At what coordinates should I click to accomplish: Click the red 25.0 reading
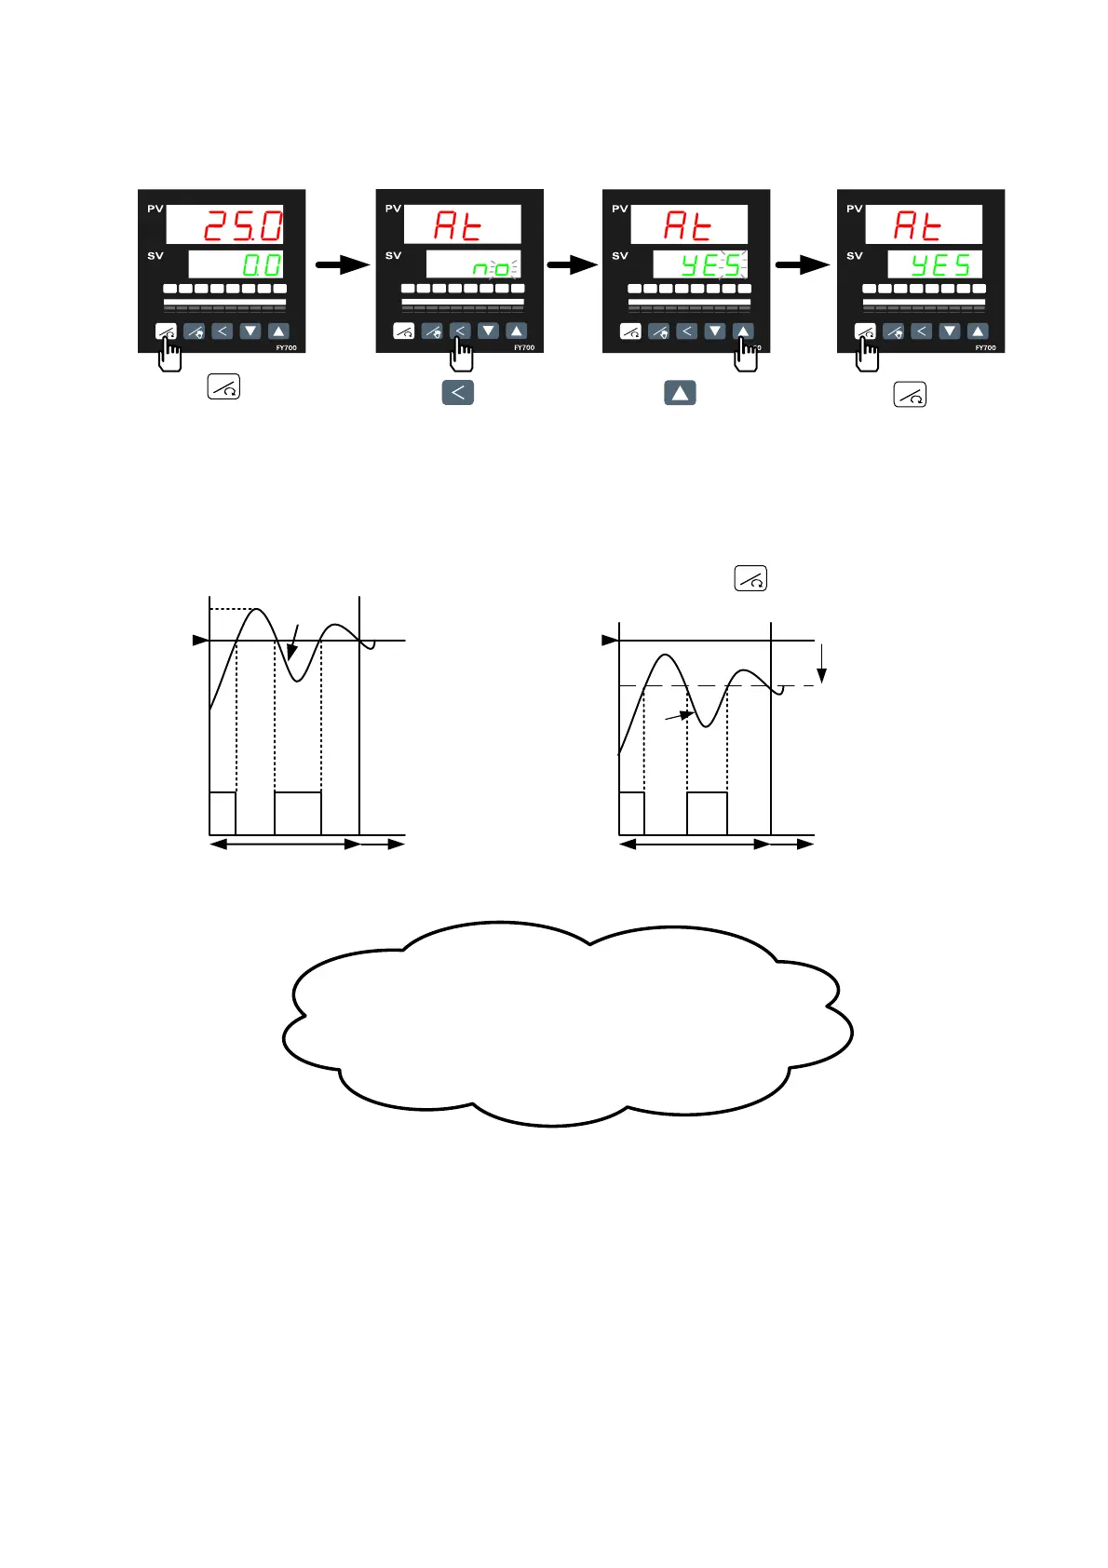click(x=242, y=225)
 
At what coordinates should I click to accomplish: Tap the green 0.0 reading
click(x=262, y=265)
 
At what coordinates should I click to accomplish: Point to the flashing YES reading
click(x=712, y=265)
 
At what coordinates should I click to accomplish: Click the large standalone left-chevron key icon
click(x=457, y=392)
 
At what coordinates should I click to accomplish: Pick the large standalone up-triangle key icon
click(x=680, y=393)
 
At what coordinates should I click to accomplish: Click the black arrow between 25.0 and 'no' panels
click(x=342, y=265)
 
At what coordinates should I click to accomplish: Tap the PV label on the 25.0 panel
click(x=155, y=209)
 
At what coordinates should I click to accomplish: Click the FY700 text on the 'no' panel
click(x=524, y=347)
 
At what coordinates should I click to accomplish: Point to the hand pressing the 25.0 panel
click(x=169, y=355)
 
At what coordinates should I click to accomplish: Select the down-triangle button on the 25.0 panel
click(x=250, y=331)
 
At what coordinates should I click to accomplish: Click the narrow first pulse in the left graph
click(x=223, y=813)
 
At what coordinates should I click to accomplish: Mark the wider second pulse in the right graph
click(x=707, y=813)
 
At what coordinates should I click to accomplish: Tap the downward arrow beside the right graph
click(x=821, y=662)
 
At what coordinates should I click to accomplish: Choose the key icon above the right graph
click(x=750, y=578)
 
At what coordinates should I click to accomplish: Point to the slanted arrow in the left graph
click(x=293, y=642)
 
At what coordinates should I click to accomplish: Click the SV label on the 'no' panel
click(x=393, y=255)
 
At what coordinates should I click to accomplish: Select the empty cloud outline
click(x=568, y=1024)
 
